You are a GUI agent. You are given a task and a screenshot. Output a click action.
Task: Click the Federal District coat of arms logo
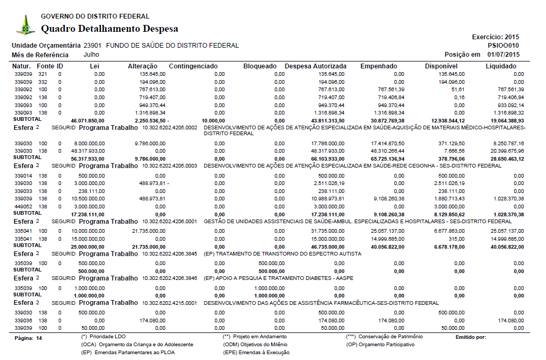click(x=25, y=24)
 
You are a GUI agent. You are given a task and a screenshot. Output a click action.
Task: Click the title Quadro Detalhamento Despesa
click(x=109, y=29)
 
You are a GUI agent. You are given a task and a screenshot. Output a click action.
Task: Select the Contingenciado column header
click(x=193, y=66)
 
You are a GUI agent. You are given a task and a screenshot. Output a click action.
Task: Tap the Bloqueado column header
click(x=259, y=66)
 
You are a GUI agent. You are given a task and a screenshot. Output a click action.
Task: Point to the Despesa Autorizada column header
click(x=316, y=66)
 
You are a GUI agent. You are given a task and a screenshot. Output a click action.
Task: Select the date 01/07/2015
click(x=504, y=55)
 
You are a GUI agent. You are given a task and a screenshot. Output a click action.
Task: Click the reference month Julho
click(x=91, y=55)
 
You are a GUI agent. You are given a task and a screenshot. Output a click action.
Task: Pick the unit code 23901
click(x=93, y=46)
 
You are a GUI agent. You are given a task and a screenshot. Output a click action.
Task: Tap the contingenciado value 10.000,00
click(x=207, y=120)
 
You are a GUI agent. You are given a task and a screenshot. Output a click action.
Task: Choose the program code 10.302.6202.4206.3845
click(x=170, y=254)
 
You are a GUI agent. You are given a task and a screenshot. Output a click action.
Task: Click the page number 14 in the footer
click(x=39, y=337)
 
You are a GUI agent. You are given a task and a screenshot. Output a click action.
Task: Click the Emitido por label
click(x=471, y=337)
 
